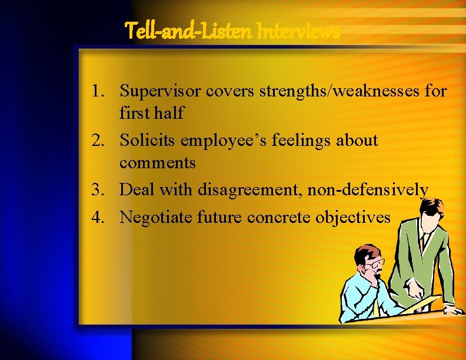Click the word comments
(x=157, y=162)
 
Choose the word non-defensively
(x=367, y=190)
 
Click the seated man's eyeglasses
(x=375, y=262)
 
